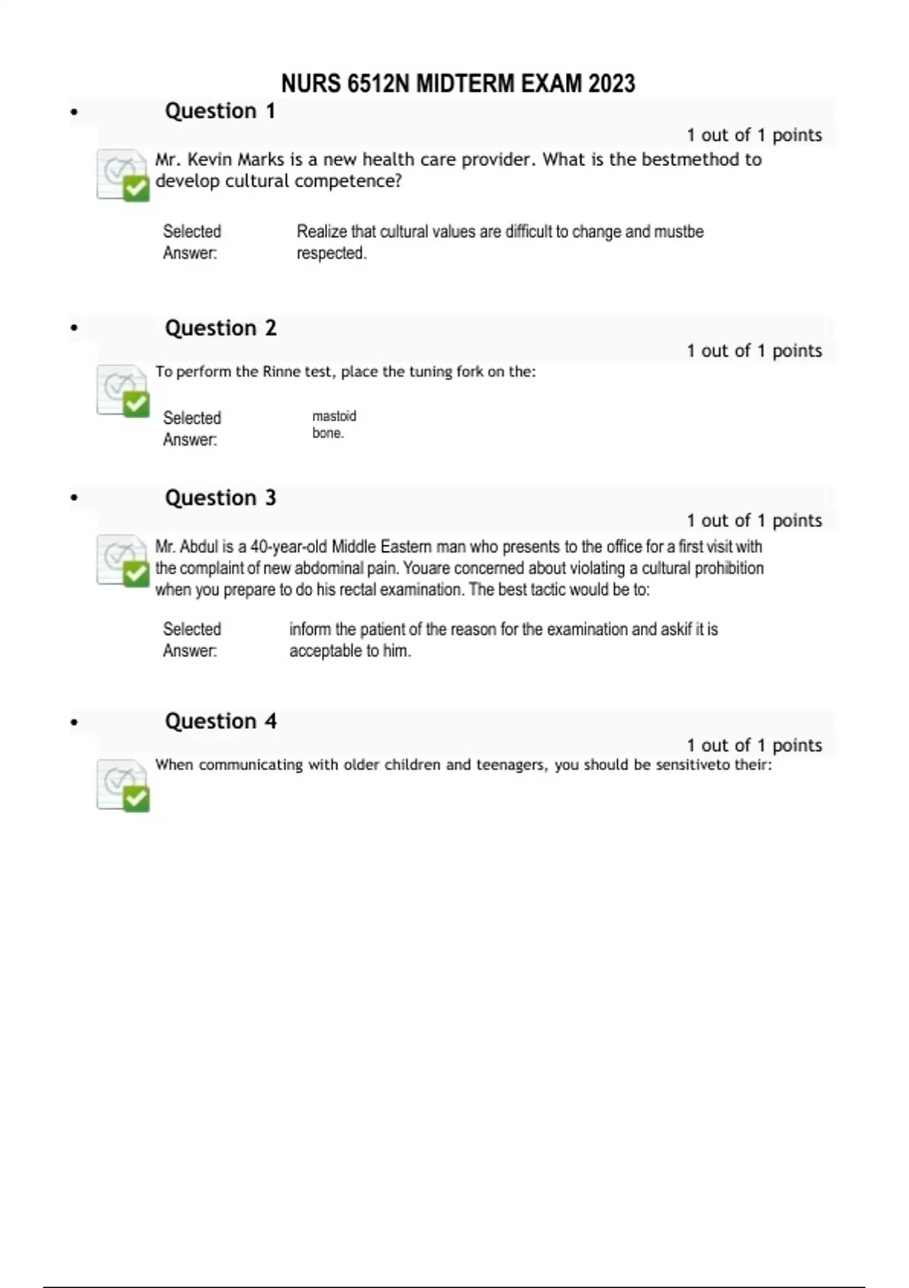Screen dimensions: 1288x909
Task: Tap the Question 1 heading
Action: [x=220, y=111]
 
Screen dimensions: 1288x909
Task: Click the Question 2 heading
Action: [x=220, y=328]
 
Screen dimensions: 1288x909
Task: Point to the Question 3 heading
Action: [x=220, y=498]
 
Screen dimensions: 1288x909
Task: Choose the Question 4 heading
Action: [x=220, y=721]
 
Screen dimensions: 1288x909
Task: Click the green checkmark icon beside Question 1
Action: [x=123, y=175]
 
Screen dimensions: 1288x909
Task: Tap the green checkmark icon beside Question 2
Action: [x=123, y=391]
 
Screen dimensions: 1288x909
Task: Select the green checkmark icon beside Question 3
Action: [x=123, y=561]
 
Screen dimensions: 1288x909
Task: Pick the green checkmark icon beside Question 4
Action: [x=123, y=785]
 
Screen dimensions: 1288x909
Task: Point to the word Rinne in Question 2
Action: [x=281, y=372]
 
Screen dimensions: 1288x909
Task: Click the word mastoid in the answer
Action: [x=334, y=416]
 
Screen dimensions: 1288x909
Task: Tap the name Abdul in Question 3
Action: [x=198, y=547]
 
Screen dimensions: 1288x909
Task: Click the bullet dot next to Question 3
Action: [x=73, y=499]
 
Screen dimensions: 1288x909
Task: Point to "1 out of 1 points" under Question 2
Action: [x=754, y=351]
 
